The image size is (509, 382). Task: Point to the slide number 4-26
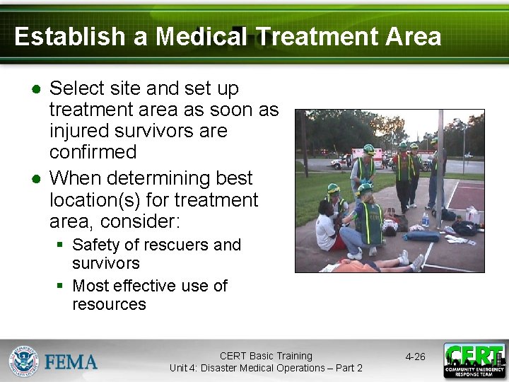click(415, 357)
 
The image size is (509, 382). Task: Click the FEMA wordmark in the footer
click(71, 362)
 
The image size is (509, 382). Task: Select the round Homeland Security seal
click(23, 361)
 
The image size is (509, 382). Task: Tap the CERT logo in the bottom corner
click(474, 361)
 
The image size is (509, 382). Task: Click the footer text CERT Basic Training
click(265, 356)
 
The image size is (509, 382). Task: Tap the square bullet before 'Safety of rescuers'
click(61, 245)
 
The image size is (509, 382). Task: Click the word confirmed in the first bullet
click(93, 152)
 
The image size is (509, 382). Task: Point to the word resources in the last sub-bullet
click(109, 304)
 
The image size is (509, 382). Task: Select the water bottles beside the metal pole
click(426, 219)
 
